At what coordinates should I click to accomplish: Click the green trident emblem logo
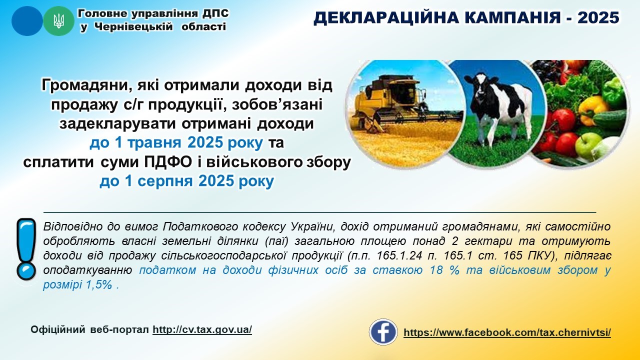click(x=58, y=21)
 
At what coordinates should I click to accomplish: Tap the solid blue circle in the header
click(x=27, y=21)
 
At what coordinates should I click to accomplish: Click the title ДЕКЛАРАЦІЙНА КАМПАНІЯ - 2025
click(x=466, y=18)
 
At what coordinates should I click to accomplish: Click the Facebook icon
click(x=383, y=332)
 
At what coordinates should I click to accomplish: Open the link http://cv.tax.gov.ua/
click(x=202, y=330)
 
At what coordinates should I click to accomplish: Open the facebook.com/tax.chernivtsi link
click(x=507, y=332)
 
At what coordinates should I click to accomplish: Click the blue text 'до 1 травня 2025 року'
click(x=176, y=143)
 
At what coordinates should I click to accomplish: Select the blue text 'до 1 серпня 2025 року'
click(x=186, y=181)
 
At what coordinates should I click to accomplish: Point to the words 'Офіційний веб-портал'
click(x=90, y=330)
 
